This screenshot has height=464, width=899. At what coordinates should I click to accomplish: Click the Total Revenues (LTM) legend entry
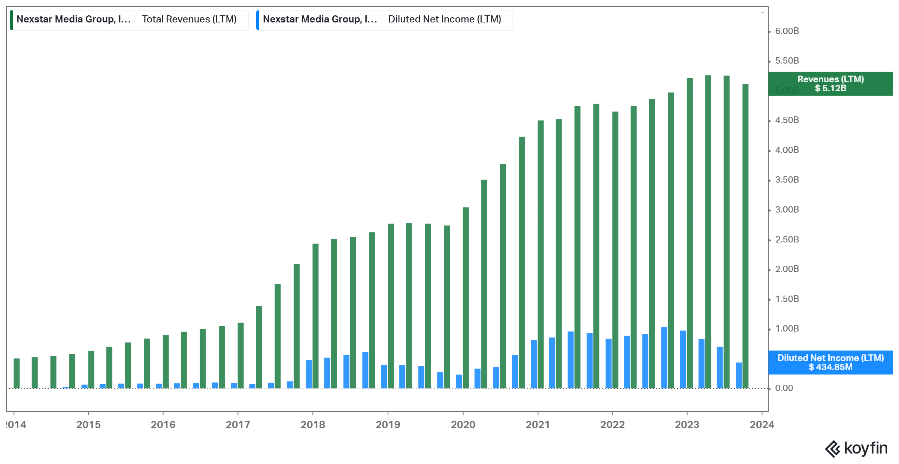(x=129, y=19)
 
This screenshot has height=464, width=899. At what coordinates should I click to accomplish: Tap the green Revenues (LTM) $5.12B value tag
(x=830, y=84)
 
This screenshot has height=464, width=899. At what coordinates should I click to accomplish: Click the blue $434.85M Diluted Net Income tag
(x=830, y=362)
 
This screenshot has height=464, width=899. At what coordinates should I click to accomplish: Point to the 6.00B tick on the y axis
(x=787, y=31)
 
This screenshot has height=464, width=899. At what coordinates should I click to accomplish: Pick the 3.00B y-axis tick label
(x=787, y=210)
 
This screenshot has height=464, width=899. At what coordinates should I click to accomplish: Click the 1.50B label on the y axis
(x=787, y=299)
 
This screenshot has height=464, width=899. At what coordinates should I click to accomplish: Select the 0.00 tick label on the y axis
(x=784, y=388)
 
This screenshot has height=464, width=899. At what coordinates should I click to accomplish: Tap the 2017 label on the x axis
(x=238, y=425)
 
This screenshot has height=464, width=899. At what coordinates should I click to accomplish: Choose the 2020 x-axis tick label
(x=463, y=425)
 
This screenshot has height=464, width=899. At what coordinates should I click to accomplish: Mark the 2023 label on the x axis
(x=687, y=425)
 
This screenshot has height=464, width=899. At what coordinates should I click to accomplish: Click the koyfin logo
(x=856, y=448)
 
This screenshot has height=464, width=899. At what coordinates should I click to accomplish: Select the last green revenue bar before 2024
(x=745, y=236)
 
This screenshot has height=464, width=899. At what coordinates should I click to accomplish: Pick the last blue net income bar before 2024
(x=739, y=375)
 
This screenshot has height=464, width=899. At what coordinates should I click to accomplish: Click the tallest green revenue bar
(x=708, y=232)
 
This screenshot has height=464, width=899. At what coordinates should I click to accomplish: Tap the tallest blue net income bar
(x=664, y=357)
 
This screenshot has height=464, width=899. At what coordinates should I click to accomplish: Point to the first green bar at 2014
(x=16, y=373)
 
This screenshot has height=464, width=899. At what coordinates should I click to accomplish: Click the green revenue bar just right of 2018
(x=315, y=316)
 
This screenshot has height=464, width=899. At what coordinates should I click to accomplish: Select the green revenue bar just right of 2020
(x=466, y=297)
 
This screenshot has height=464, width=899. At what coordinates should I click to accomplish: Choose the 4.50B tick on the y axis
(x=787, y=120)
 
